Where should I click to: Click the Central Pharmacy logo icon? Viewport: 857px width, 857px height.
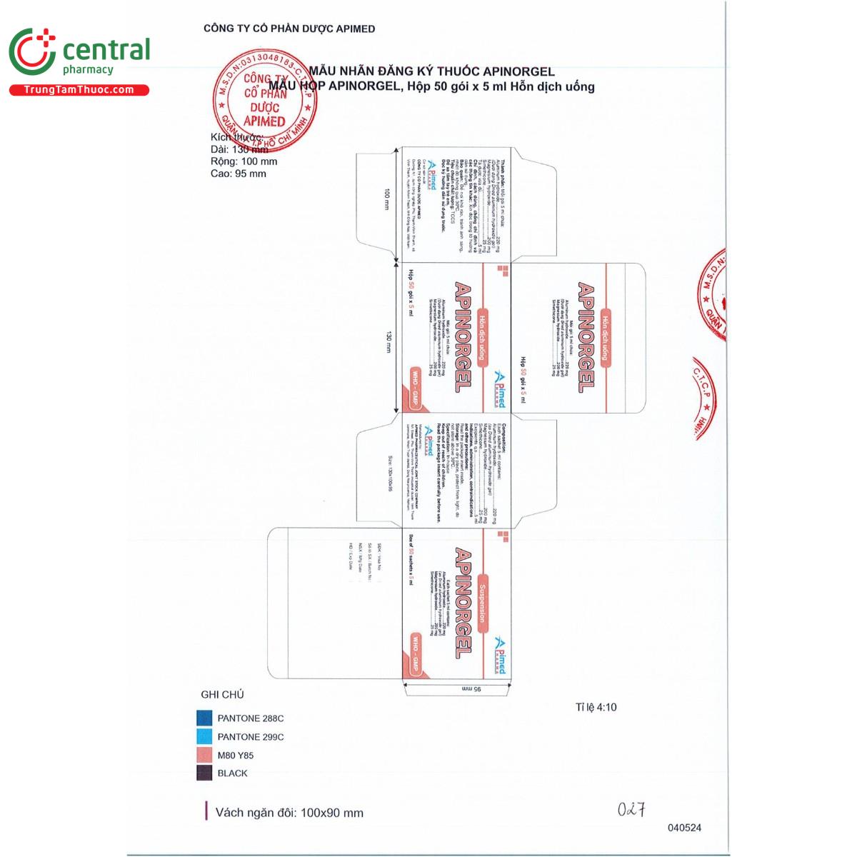click(x=31, y=54)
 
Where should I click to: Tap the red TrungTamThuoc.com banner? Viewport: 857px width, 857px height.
click(x=79, y=90)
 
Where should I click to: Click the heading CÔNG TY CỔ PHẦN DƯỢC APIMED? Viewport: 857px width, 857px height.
click(x=289, y=29)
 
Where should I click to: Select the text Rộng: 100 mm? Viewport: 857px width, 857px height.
click(x=244, y=161)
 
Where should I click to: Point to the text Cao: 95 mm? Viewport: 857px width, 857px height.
click(x=238, y=174)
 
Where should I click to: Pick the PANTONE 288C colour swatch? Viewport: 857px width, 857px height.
click(x=204, y=718)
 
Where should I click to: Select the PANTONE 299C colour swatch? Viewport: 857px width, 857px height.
click(x=204, y=736)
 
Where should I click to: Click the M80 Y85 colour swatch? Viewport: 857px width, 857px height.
click(x=204, y=755)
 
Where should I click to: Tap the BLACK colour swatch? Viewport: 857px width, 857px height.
click(x=204, y=773)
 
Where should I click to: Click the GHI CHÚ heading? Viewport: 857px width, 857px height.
click(x=222, y=694)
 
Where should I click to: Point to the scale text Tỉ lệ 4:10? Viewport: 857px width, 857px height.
click(x=596, y=707)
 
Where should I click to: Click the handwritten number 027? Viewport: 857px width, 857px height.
click(x=631, y=809)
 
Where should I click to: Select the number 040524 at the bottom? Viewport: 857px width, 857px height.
click(x=684, y=828)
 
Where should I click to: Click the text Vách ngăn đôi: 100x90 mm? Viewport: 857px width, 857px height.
click(x=289, y=813)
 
